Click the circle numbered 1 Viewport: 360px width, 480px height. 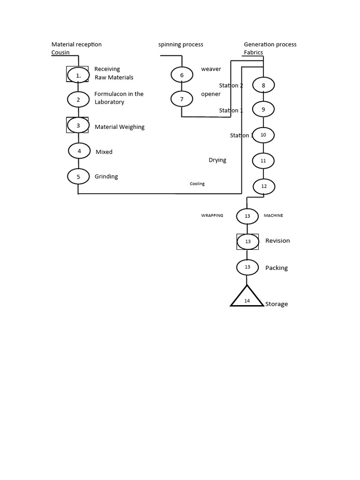click(78, 75)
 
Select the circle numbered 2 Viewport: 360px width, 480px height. click(78, 99)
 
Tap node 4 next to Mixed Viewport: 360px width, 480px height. click(79, 151)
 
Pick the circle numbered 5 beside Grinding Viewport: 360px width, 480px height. click(78, 177)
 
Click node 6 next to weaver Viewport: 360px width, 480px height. click(182, 75)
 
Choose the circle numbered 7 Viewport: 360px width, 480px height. click(182, 99)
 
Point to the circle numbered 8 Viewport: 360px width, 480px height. click(263, 85)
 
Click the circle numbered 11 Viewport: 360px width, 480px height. click(263, 160)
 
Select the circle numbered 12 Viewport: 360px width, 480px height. click(264, 186)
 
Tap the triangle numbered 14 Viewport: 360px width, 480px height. click(247, 298)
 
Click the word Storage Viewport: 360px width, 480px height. click(277, 304)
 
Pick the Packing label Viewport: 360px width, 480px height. click(277, 268)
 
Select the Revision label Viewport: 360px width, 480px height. click(277, 241)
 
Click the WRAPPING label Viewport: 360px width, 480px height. click(212, 216)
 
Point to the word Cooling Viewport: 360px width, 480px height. click(197, 184)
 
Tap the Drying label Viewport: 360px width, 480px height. click(217, 160)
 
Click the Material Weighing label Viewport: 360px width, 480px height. click(120, 127)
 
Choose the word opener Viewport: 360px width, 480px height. click(210, 94)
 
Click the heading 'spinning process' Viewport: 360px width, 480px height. click(181, 45)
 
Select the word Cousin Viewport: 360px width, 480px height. click(60, 52)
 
